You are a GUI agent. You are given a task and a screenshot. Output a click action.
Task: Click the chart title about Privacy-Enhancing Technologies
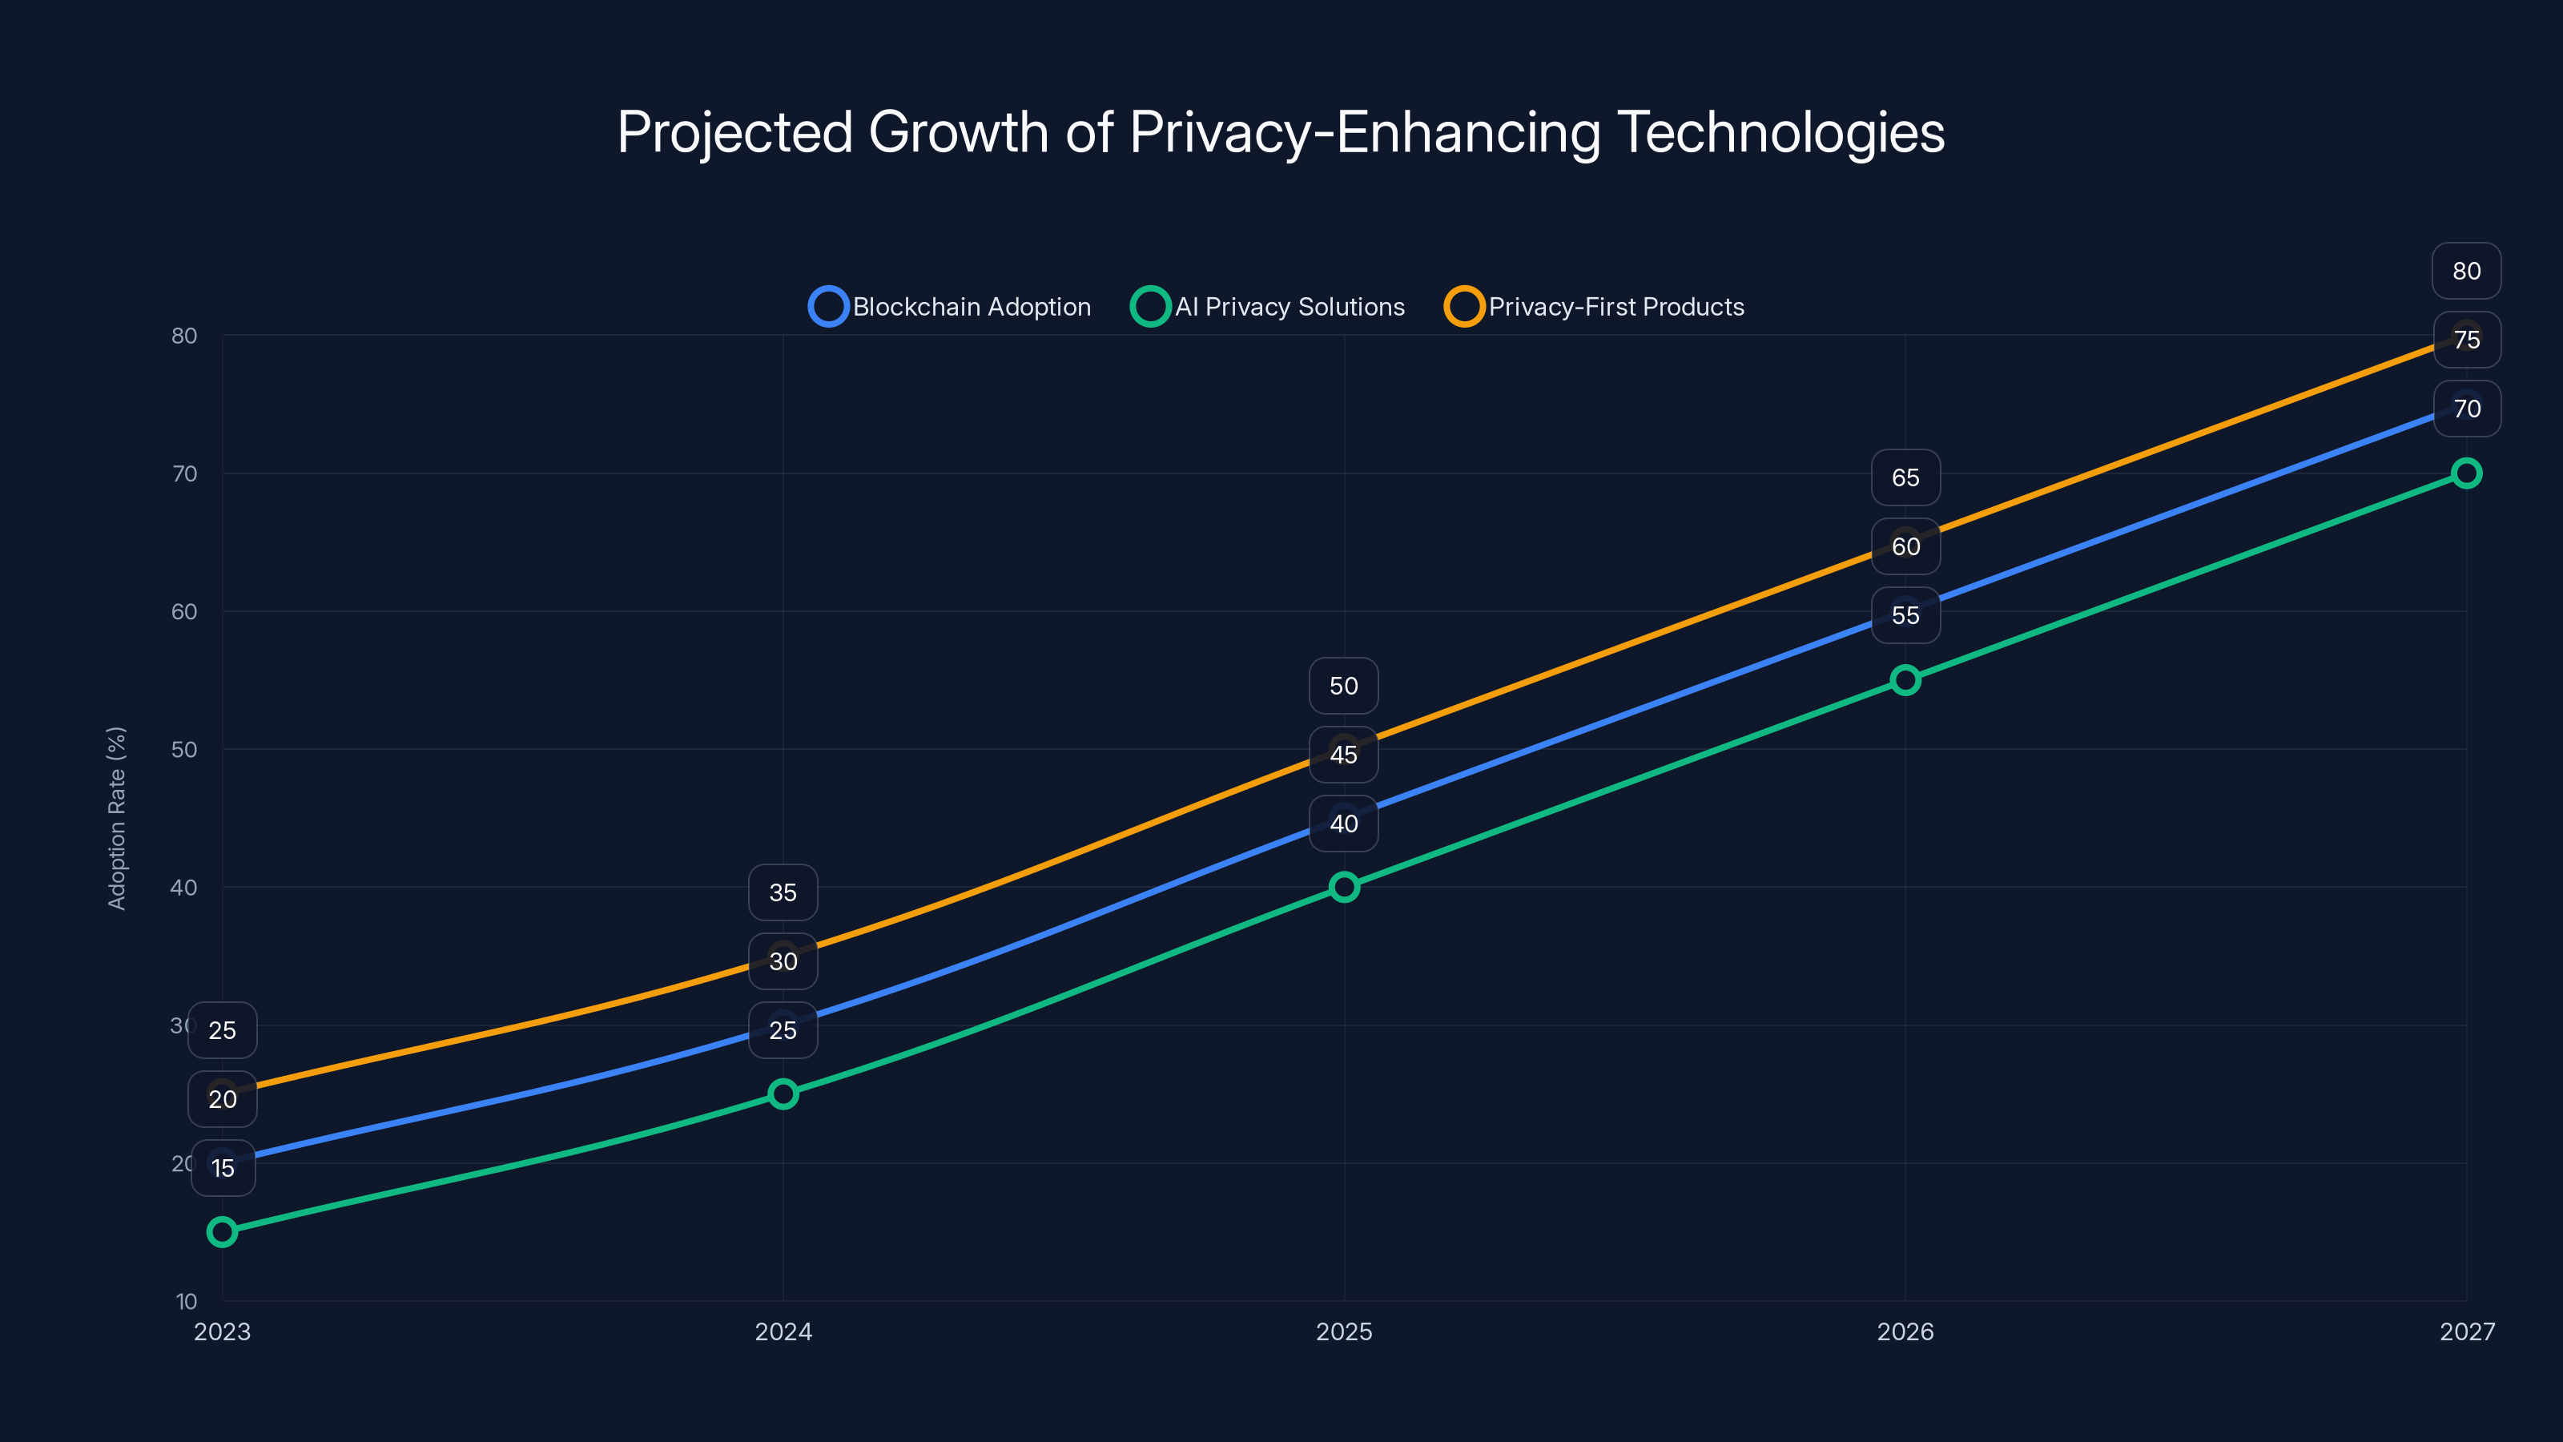click(x=1281, y=132)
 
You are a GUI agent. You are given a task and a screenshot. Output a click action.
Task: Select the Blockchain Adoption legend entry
click(x=950, y=307)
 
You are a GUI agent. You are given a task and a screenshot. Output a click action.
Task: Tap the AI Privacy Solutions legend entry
click(x=1269, y=307)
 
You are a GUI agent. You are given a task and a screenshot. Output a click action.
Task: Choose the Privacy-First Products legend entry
click(x=1595, y=307)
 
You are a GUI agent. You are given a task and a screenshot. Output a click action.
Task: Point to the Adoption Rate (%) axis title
click(x=116, y=818)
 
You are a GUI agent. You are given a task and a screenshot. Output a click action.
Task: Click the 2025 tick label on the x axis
click(x=1343, y=1331)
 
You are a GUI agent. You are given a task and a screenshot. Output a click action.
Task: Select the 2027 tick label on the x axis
click(x=2467, y=1331)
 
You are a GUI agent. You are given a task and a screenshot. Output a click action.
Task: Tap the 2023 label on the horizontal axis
click(x=222, y=1331)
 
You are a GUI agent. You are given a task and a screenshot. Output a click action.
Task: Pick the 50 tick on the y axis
click(x=184, y=749)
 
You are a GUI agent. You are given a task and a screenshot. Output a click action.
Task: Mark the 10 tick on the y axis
click(x=186, y=1301)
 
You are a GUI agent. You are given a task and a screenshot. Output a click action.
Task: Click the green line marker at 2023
click(x=222, y=1232)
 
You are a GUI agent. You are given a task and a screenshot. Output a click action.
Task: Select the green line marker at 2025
click(x=1343, y=887)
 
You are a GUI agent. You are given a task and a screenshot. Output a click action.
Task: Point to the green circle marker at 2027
click(x=2465, y=473)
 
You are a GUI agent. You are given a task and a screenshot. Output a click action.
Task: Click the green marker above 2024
click(x=783, y=1094)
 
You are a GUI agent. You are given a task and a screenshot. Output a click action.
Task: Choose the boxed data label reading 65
click(x=1905, y=477)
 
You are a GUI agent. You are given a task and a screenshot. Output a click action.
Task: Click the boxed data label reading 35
click(x=783, y=892)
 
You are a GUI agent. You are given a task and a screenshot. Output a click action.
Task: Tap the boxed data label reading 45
click(x=1343, y=755)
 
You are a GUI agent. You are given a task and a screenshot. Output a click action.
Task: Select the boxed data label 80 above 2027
click(x=2465, y=271)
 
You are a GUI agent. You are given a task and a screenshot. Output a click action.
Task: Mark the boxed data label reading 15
click(x=222, y=1168)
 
